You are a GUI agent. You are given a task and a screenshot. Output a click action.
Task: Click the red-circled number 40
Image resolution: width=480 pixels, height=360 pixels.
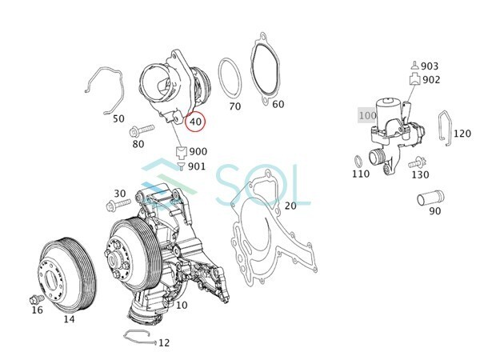tap(196, 122)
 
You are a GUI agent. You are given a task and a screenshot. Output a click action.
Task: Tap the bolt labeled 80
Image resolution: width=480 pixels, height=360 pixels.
tap(142, 130)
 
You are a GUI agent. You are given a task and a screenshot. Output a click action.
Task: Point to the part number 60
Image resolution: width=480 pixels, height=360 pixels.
tap(278, 104)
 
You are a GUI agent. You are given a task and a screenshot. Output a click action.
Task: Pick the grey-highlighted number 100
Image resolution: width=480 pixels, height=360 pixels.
tap(367, 115)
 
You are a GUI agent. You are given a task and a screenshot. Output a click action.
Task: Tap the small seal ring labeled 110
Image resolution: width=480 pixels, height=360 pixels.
tap(358, 161)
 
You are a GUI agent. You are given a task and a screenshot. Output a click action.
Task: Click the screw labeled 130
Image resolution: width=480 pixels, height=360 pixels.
tap(418, 162)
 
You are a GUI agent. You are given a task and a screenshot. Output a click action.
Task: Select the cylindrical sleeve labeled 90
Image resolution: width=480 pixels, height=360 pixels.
tap(430, 198)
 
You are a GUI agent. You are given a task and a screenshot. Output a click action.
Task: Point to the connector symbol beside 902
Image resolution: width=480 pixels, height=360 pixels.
tap(414, 78)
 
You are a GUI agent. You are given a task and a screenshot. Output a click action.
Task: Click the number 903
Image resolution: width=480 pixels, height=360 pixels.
tap(430, 66)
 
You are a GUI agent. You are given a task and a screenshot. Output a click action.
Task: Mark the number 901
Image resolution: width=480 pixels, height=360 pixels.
tap(197, 166)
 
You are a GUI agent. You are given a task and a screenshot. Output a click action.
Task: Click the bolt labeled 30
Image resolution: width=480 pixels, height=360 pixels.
tap(118, 204)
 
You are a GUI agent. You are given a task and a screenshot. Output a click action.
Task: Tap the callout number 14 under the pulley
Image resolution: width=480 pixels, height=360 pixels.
tap(69, 319)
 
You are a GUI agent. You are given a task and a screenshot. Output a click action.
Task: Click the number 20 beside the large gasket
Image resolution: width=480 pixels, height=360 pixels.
tap(290, 206)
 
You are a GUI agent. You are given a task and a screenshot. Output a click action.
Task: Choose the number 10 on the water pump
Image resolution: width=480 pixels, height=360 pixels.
tap(182, 305)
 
